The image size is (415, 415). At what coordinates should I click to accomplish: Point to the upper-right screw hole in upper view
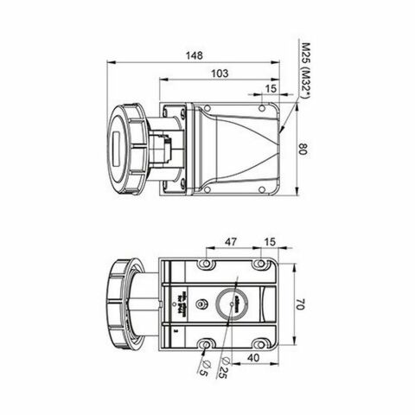[x=263, y=109]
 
